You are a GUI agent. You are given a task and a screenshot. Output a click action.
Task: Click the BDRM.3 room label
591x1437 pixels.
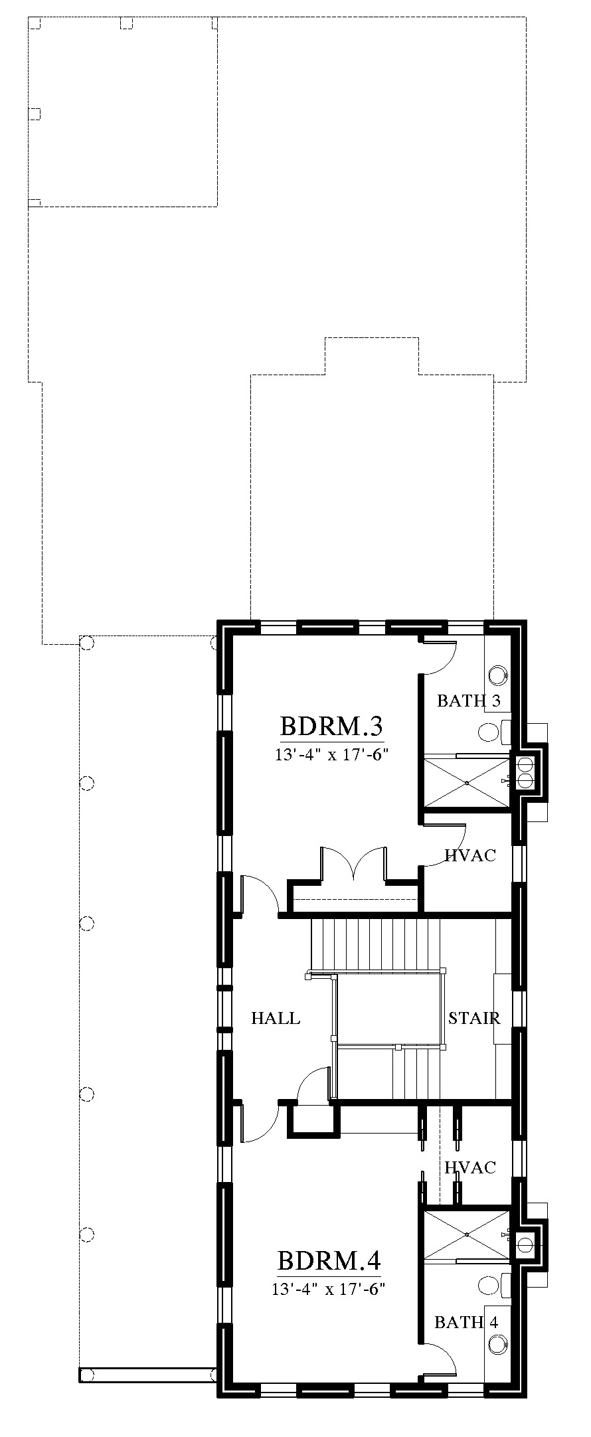pyautogui.click(x=331, y=726)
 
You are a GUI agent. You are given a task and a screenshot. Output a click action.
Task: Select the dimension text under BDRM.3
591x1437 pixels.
pyautogui.click(x=331, y=754)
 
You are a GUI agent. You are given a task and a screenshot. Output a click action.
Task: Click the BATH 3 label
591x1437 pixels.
pyautogui.click(x=469, y=701)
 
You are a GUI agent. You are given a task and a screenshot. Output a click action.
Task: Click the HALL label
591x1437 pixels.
pyautogui.click(x=276, y=1018)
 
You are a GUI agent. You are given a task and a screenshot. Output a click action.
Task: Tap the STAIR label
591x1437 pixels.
pyautogui.click(x=474, y=1018)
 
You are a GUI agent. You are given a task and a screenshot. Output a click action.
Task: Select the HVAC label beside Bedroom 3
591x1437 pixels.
pyautogui.click(x=471, y=855)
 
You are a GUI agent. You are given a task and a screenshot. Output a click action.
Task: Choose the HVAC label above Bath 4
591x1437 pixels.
pyautogui.click(x=471, y=1168)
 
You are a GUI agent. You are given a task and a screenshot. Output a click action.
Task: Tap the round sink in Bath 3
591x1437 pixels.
pyautogui.click(x=497, y=675)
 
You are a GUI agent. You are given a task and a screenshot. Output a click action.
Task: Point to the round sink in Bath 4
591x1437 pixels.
pyautogui.click(x=497, y=1345)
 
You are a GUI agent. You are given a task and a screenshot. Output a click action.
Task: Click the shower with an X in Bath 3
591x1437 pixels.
pyautogui.click(x=467, y=783)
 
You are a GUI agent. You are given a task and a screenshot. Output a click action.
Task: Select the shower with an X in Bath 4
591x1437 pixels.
pyautogui.click(x=467, y=1234)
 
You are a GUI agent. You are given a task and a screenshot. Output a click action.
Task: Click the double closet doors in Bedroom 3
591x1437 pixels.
pyautogui.click(x=353, y=863)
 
